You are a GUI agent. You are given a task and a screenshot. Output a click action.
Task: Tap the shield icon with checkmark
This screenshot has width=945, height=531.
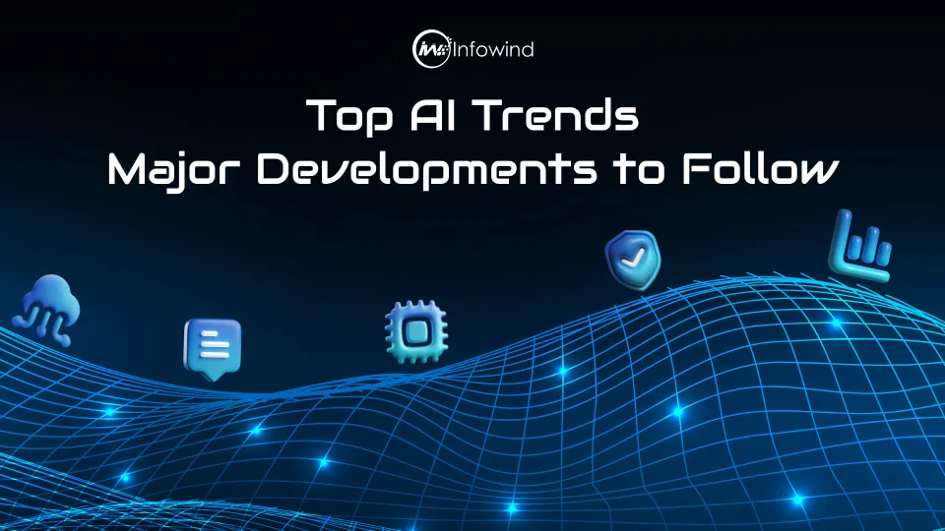pos(631,257)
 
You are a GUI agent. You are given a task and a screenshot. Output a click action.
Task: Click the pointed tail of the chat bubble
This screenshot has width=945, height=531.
pos(211,375)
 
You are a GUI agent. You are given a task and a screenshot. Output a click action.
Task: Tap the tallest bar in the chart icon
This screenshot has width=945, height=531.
pos(843,232)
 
